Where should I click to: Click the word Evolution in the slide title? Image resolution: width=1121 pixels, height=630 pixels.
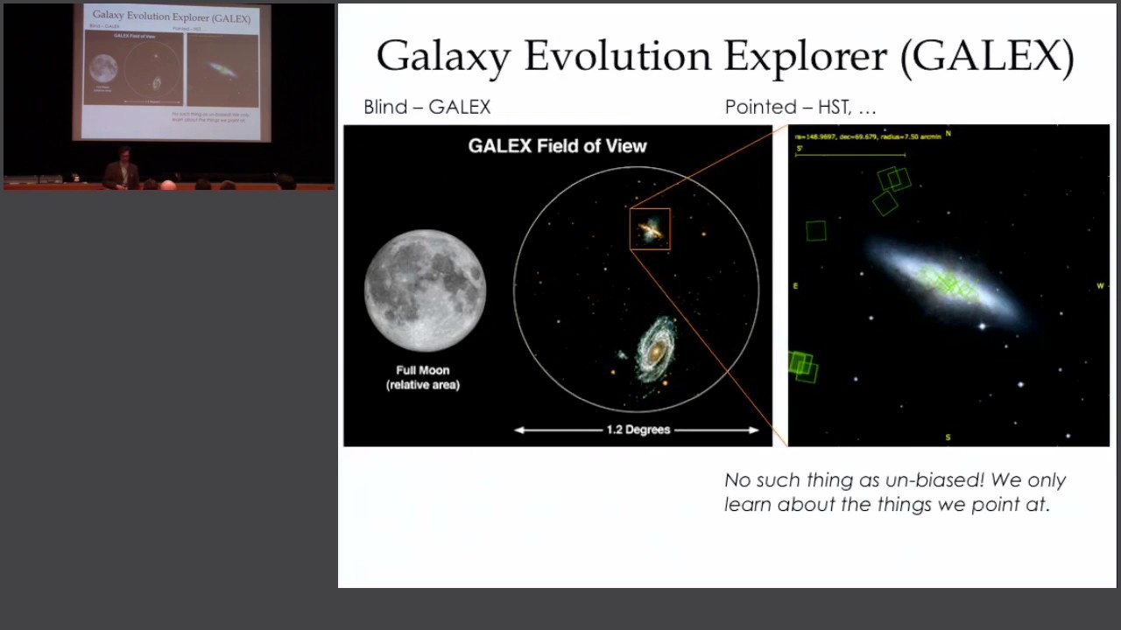[617, 57]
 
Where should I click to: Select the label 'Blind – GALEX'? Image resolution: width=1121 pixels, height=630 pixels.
[427, 107]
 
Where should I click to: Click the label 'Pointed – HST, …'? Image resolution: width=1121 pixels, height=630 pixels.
[800, 107]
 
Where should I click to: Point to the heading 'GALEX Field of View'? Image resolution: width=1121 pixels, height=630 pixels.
[557, 146]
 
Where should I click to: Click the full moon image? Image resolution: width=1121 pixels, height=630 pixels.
[425, 290]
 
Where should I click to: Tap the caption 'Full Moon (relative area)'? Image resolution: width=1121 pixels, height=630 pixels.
[423, 377]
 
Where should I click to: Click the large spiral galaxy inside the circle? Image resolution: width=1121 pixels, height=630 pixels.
[654, 350]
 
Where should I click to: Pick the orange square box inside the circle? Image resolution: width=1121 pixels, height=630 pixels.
[650, 229]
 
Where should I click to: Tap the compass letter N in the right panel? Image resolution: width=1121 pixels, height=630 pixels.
[948, 134]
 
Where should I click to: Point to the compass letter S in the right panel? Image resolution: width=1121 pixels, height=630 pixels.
[948, 437]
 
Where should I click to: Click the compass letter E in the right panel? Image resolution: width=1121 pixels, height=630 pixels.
[795, 286]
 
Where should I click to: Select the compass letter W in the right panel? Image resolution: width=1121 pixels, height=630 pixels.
[1100, 286]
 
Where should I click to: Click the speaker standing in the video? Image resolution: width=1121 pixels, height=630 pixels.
[123, 170]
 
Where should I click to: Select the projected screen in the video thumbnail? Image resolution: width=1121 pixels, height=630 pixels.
[172, 72]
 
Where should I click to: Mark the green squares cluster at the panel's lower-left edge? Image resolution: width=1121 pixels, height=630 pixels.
[802, 365]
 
